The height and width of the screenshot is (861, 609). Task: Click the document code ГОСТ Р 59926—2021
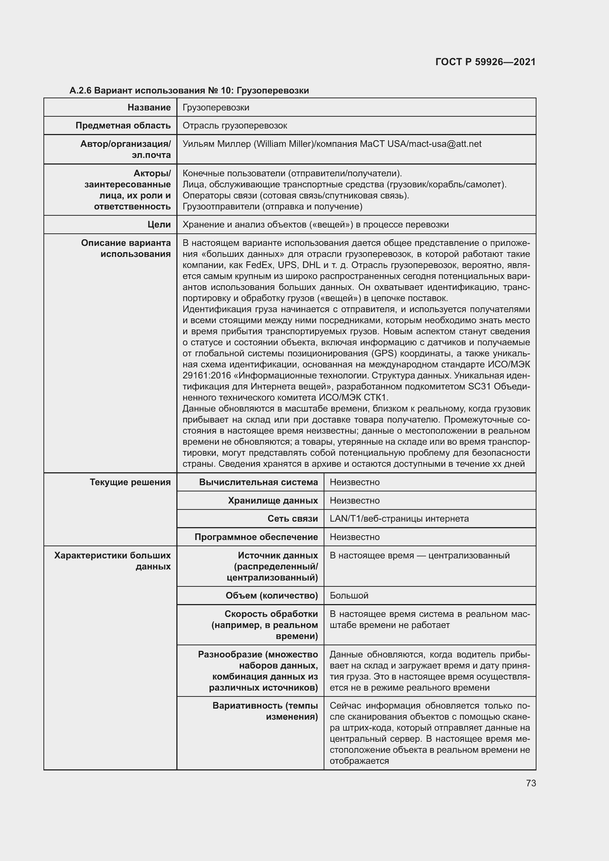tap(485, 62)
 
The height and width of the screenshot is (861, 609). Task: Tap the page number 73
tap(531, 783)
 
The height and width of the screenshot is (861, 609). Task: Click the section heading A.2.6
tap(81, 91)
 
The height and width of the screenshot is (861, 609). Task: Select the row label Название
tap(149, 107)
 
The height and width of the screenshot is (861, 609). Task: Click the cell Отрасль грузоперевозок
tap(235, 126)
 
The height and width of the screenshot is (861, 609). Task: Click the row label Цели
tap(159, 225)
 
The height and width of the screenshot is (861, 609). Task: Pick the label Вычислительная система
tap(258, 482)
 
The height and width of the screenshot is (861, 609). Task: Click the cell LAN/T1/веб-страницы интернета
tap(399, 519)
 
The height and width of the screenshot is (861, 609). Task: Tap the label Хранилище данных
tap(272, 501)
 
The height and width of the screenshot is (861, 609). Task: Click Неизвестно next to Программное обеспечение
tap(354, 537)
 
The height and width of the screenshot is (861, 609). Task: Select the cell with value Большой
tap(349, 596)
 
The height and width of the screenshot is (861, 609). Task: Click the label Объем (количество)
tap(271, 596)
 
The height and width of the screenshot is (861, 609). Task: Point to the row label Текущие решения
tap(130, 482)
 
